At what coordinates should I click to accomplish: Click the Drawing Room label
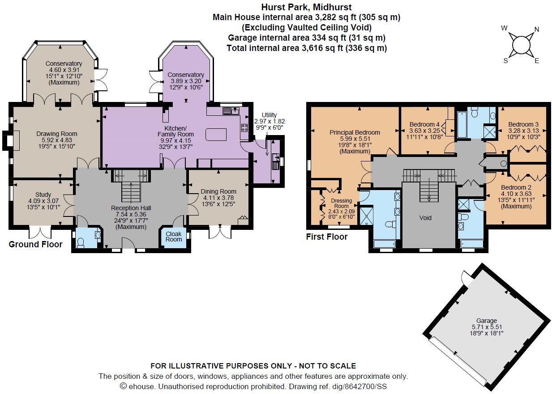click(56, 134)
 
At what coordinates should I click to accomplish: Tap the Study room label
click(43, 195)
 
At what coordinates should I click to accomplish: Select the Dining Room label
click(219, 192)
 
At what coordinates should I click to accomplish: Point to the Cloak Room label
click(174, 236)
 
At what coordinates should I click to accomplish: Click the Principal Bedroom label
click(355, 132)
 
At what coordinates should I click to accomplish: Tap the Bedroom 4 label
click(424, 124)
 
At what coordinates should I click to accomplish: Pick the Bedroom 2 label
click(516, 187)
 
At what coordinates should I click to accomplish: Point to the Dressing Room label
click(341, 203)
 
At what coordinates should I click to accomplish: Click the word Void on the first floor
click(425, 218)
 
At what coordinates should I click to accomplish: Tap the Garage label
click(486, 321)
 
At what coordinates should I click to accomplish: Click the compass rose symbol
click(520, 45)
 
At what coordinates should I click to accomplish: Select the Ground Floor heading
click(35, 244)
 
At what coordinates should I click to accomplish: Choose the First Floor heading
click(327, 237)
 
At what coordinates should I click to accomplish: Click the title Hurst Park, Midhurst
click(306, 7)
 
